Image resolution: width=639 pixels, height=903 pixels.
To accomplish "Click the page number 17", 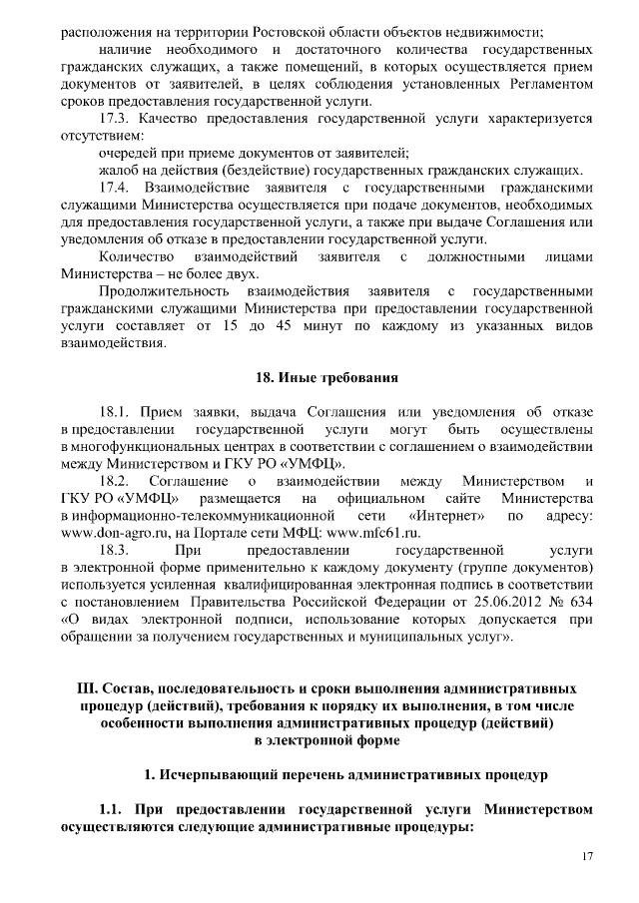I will point(588,857).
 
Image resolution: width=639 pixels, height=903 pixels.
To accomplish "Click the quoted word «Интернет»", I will point(454,516).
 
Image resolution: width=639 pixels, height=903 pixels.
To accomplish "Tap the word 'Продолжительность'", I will point(166,291).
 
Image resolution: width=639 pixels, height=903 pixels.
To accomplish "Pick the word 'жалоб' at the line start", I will point(118,170).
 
